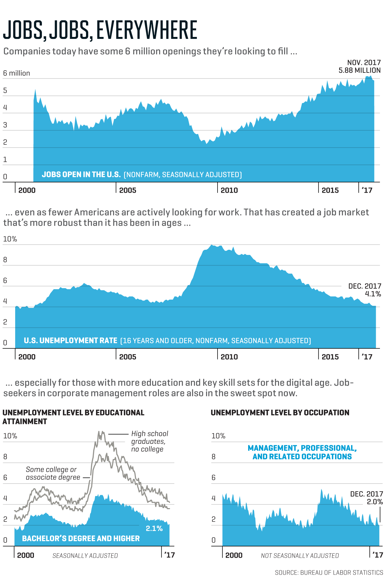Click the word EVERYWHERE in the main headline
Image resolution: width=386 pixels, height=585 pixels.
point(147,30)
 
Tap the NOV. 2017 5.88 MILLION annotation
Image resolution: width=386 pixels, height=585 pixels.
point(360,66)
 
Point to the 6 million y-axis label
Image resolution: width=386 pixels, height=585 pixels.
point(17,73)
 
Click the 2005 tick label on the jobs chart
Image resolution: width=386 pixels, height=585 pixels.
point(128,190)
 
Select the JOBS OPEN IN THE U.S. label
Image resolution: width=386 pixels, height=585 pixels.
point(81,175)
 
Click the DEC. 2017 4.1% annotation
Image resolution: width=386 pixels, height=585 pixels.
point(364,290)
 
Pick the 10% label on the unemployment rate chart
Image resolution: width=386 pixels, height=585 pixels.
point(10,239)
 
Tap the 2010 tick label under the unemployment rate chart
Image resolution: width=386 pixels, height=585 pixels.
point(229,357)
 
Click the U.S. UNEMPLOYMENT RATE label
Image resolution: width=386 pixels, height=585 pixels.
point(71,341)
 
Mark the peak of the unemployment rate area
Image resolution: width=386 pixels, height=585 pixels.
point(211,245)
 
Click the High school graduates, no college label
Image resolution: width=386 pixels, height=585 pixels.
point(149,441)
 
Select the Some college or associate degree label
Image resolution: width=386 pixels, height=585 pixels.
point(53,473)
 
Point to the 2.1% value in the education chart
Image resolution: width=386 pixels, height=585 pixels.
point(154,528)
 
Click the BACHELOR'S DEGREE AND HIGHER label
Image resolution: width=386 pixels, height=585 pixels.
point(81,538)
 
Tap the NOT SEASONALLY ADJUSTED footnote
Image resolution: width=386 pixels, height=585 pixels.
point(300,556)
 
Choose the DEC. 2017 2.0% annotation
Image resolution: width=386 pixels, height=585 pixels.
point(366,498)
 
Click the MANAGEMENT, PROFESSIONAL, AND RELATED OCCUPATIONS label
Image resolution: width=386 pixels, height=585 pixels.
point(302,452)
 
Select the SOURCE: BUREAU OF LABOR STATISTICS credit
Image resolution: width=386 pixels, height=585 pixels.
point(329,573)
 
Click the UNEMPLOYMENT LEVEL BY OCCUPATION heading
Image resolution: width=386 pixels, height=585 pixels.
point(280,413)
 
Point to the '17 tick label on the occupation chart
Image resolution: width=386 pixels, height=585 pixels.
point(377,555)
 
